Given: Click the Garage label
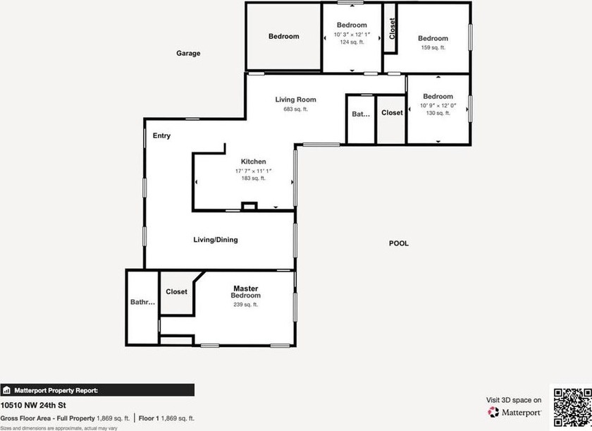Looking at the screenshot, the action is pyautogui.click(x=188, y=54).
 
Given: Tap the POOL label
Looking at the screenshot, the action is pyautogui.click(x=399, y=243).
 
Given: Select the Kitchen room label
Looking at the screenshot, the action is pyautogui.click(x=253, y=162).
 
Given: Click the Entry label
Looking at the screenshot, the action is pyautogui.click(x=161, y=135).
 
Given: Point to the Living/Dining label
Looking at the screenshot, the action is pyautogui.click(x=216, y=240).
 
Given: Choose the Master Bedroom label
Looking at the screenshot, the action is pyautogui.click(x=246, y=291).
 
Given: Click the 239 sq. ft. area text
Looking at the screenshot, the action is pyautogui.click(x=246, y=305).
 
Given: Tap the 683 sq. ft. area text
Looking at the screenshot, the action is pyautogui.click(x=295, y=109).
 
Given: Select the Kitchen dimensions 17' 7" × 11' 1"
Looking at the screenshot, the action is pyautogui.click(x=253, y=171).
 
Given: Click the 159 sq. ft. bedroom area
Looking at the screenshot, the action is pyautogui.click(x=433, y=47).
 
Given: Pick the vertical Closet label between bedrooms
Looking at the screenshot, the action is pyautogui.click(x=392, y=28).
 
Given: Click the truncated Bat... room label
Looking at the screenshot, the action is pyautogui.click(x=361, y=114).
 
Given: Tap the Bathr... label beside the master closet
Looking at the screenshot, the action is pyautogui.click(x=142, y=302).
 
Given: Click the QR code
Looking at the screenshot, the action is pyautogui.click(x=572, y=408).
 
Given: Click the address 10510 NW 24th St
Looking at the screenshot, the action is pyautogui.click(x=33, y=406).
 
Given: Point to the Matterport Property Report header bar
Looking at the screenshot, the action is pyautogui.click(x=97, y=390).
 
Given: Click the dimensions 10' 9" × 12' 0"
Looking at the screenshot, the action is pyautogui.click(x=438, y=106).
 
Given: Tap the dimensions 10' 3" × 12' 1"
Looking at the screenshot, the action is pyautogui.click(x=352, y=35).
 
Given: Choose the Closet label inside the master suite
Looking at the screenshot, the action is pyautogui.click(x=176, y=291).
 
